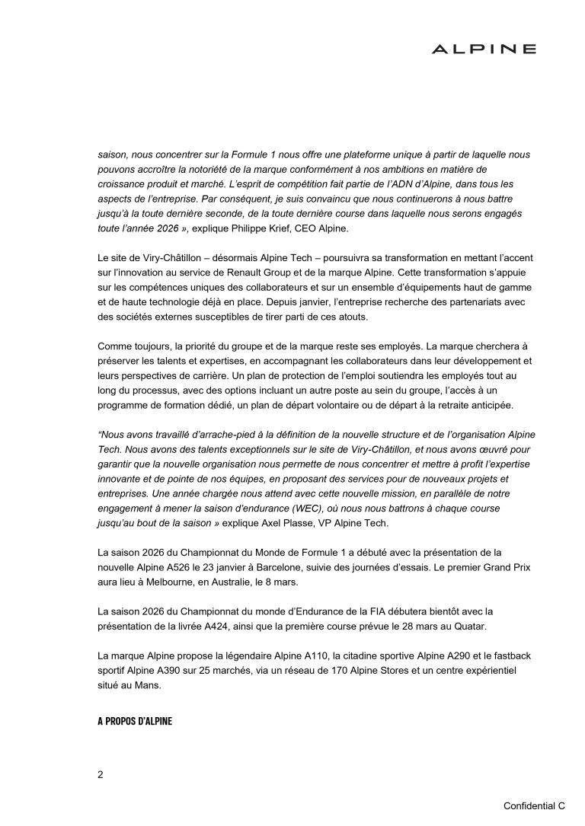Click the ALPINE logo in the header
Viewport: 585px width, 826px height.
pyautogui.click(x=484, y=49)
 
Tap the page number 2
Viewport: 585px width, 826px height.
pyautogui.click(x=101, y=774)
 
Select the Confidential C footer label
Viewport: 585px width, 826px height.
pyautogui.click(x=534, y=805)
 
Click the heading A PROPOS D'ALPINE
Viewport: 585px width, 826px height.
pyautogui.click(x=135, y=721)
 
